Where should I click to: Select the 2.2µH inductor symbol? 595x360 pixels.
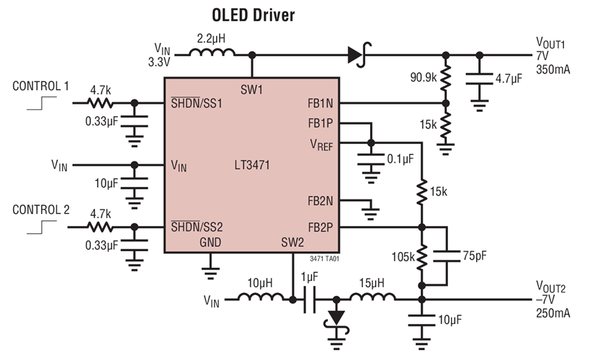(212, 53)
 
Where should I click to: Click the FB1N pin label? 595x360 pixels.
(321, 103)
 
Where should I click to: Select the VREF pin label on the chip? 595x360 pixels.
(321, 144)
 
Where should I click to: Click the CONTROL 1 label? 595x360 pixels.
(41, 86)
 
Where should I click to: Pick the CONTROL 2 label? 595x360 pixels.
(41, 210)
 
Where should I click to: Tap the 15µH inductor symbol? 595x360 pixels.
(372, 297)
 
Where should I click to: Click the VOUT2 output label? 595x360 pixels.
(553, 288)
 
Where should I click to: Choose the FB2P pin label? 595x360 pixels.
(321, 227)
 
